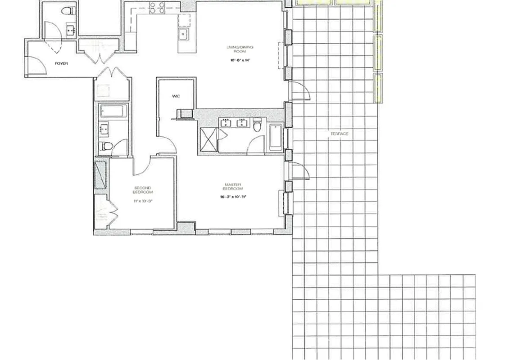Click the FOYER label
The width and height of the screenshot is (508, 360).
(x=61, y=63)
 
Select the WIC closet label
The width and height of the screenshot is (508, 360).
(x=176, y=96)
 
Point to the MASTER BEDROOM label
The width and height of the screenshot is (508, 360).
(x=233, y=186)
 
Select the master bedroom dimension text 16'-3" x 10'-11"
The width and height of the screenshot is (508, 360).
(x=233, y=197)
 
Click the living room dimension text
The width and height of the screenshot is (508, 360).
(x=239, y=59)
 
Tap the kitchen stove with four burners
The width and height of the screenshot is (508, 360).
(x=157, y=7)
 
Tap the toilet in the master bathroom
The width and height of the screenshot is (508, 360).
(x=257, y=125)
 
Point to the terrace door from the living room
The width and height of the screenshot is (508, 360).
(x=299, y=91)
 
